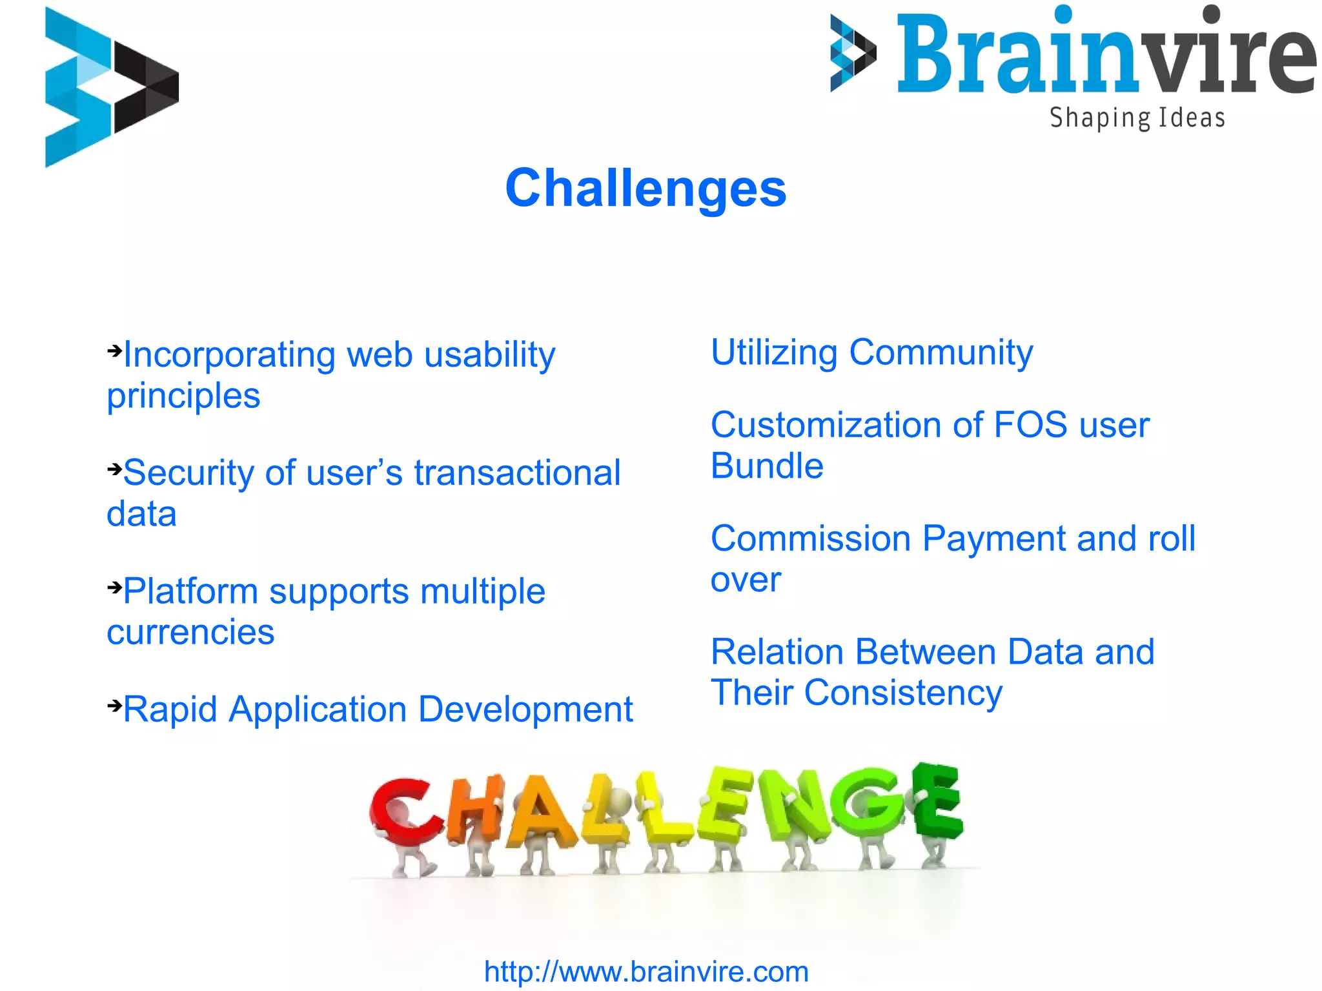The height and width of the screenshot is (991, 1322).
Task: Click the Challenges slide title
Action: click(646, 188)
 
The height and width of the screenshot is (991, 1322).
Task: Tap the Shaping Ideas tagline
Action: click(1137, 118)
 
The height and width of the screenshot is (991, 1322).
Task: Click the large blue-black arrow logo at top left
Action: click(111, 87)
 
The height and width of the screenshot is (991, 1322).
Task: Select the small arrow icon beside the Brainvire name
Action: click(853, 53)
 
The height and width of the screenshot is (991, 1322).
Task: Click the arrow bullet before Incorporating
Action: click(114, 351)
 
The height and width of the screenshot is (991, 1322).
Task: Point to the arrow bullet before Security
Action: click(114, 469)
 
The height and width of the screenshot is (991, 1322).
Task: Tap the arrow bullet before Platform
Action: click(114, 587)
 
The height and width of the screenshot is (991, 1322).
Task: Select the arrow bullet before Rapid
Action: click(114, 705)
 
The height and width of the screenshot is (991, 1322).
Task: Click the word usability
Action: click(489, 355)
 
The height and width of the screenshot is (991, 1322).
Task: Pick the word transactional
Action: click(516, 473)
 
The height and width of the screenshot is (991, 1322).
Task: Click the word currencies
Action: click(190, 631)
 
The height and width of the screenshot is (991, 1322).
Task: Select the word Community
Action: click(941, 353)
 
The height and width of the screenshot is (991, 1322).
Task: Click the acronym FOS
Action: click(1030, 425)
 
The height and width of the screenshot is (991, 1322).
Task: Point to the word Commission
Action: click(810, 538)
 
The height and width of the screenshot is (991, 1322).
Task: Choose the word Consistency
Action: click(903, 693)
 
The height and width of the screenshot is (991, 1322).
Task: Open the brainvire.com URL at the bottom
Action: click(646, 972)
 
